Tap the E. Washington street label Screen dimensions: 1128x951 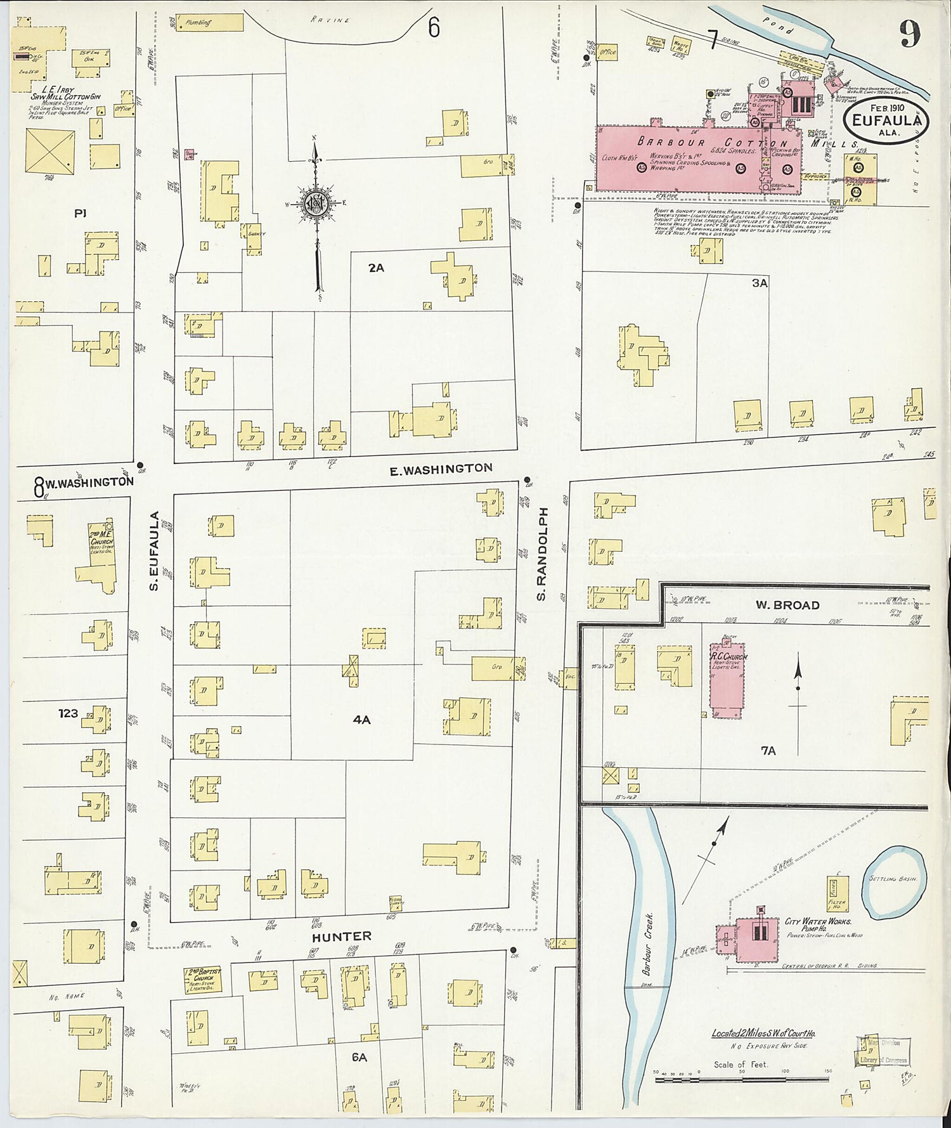(x=441, y=469)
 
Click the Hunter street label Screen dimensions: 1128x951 (x=341, y=936)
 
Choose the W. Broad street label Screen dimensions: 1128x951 (x=787, y=605)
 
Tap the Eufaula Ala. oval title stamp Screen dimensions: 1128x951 (x=886, y=120)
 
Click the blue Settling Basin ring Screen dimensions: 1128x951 (x=895, y=882)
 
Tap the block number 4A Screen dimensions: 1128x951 (x=361, y=719)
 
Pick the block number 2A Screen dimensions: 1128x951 (x=376, y=268)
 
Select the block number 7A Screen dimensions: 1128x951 (x=768, y=751)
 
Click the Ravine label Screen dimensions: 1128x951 (x=330, y=20)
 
